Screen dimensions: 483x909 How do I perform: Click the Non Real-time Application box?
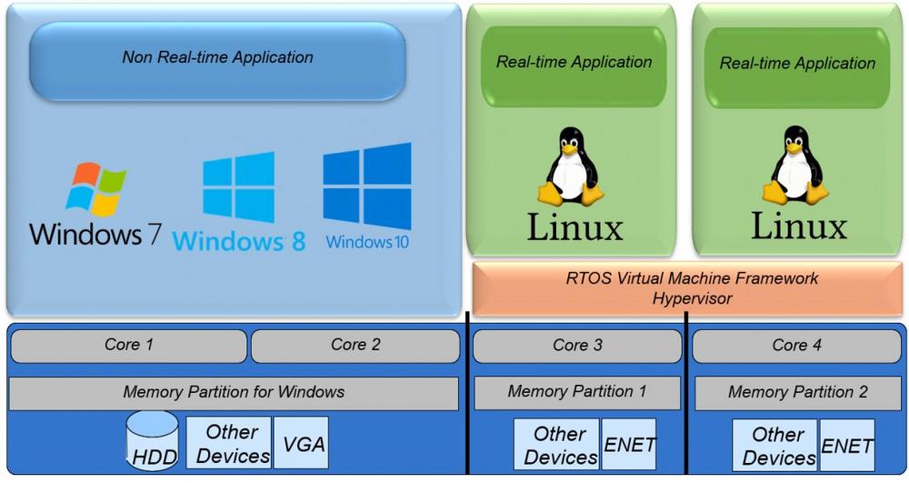217,60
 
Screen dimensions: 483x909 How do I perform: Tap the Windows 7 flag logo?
95,190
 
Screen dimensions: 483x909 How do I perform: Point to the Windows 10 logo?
367,186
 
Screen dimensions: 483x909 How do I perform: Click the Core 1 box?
128,346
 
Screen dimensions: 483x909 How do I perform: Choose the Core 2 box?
355,346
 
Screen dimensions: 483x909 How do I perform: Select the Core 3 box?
577,346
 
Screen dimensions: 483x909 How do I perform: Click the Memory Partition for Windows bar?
234,393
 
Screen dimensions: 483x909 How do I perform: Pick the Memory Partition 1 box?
577,392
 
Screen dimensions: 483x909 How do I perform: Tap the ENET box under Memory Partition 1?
629,446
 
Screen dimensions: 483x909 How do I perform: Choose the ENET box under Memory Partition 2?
846,446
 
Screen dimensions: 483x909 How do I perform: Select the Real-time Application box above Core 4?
797,64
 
